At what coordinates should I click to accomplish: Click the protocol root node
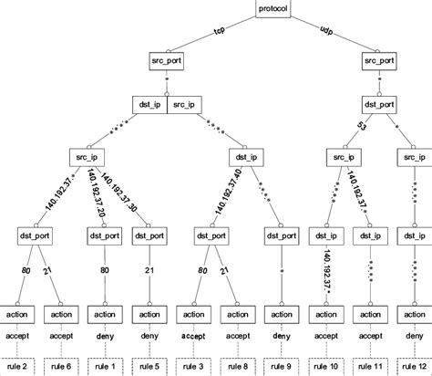[273, 9]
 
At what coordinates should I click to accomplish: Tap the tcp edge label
[219, 30]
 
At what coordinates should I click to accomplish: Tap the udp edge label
[326, 30]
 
